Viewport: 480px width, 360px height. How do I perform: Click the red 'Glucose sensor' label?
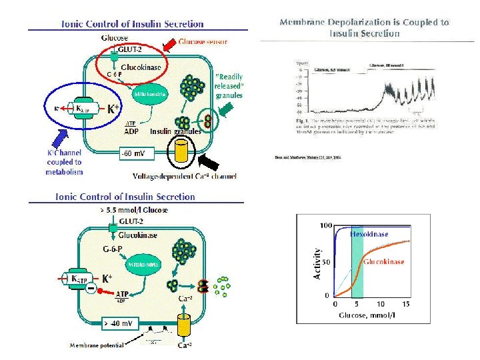(203, 42)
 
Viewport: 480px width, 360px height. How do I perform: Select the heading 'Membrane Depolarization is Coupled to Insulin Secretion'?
(364, 27)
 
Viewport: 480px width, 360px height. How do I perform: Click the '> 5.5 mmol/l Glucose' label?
(133, 210)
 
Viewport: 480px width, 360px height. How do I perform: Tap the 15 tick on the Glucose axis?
(405, 304)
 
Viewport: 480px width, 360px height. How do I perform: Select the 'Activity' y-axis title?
(317, 263)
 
